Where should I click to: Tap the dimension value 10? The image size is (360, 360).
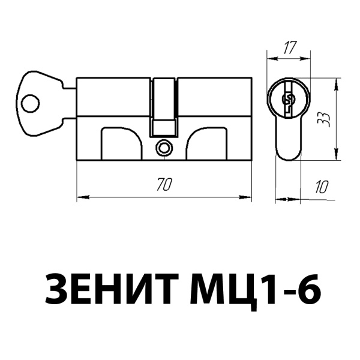(x=322, y=186)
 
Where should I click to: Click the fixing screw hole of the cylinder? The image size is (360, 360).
(x=163, y=147)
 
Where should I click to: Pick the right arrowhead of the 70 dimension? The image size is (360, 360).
(x=247, y=196)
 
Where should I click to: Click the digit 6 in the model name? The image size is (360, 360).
(x=307, y=290)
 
